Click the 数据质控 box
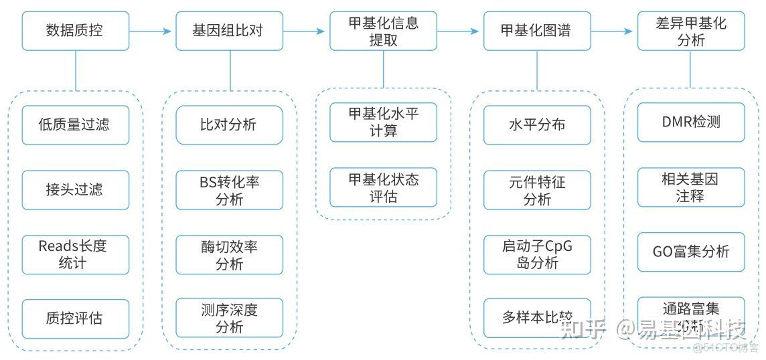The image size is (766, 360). pyautogui.click(x=75, y=31)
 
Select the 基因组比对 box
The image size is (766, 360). pyautogui.click(x=229, y=31)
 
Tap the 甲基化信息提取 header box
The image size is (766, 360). pyautogui.click(x=383, y=31)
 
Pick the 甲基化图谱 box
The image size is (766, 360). pyautogui.click(x=537, y=31)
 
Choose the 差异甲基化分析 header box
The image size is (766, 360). pyautogui.click(x=690, y=31)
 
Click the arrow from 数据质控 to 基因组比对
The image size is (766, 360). pyautogui.click(x=151, y=31)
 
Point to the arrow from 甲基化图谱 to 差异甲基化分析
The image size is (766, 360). pyautogui.click(x=613, y=31)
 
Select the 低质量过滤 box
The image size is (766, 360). pyautogui.click(x=75, y=124)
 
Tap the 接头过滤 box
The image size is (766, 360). pyautogui.click(x=75, y=189)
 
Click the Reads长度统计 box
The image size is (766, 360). pyautogui.click(x=75, y=254)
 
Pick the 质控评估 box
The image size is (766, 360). pyautogui.click(x=75, y=319)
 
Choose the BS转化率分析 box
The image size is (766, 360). pyautogui.click(x=229, y=190)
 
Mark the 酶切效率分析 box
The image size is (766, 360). pyautogui.click(x=229, y=255)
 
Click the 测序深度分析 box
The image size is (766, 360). pyautogui.click(x=229, y=319)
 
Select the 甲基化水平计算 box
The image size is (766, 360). pyautogui.click(x=383, y=122)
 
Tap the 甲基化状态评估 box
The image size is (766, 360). pyautogui.click(x=383, y=187)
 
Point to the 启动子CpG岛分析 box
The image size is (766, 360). pyautogui.click(x=537, y=254)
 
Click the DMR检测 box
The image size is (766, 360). pyautogui.click(x=690, y=122)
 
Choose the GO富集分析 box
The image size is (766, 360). pyautogui.click(x=690, y=252)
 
